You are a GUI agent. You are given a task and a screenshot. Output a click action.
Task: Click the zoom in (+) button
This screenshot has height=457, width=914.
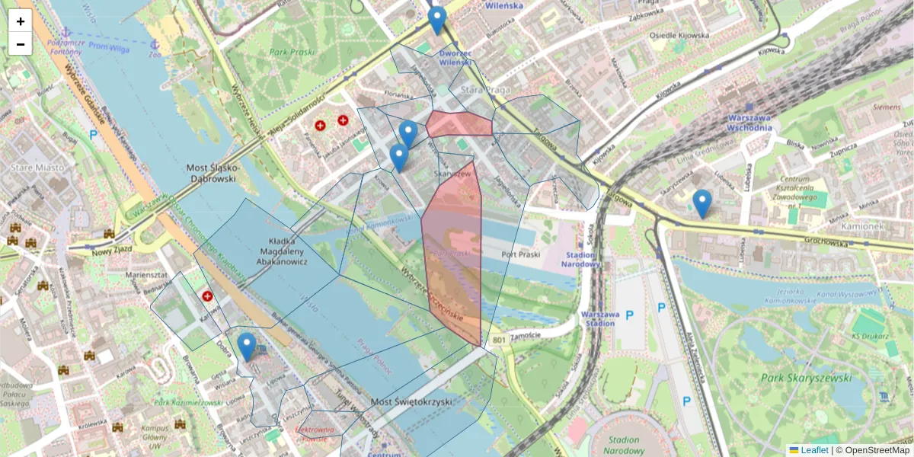coord(21,21)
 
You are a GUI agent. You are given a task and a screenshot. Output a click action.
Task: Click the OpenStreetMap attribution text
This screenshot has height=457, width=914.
coord(877,450)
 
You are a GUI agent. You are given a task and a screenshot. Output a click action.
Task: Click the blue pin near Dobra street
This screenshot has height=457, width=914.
coord(246,347)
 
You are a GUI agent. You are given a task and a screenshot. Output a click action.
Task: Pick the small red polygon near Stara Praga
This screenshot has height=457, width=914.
coord(459,123)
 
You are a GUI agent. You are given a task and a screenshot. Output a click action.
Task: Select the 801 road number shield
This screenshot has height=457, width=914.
coord(500,340)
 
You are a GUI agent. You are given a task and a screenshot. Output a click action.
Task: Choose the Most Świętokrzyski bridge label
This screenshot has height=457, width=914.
coord(411,401)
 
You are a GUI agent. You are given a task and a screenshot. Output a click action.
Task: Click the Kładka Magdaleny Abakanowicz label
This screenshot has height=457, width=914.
coord(272,251)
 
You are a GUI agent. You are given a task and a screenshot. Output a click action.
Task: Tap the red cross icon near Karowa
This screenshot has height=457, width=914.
coord(207,296)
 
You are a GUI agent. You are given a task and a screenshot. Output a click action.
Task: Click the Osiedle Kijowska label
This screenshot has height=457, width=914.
coord(679,35)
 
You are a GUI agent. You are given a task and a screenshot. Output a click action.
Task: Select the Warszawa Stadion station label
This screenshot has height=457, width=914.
coord(596,318)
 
